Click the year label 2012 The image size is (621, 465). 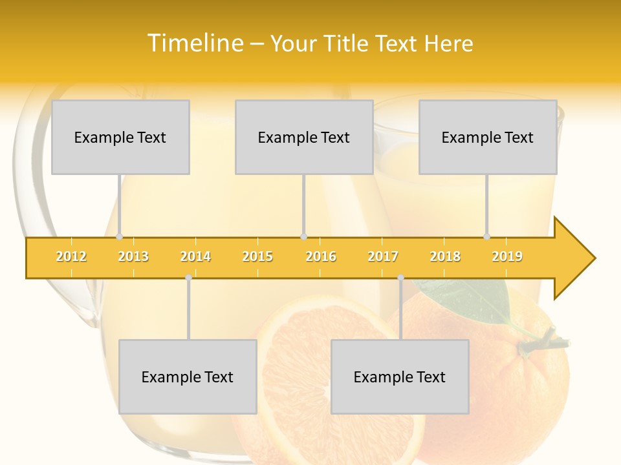[71, 256]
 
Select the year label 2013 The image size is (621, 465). [133, 256]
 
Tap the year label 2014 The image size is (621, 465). [195, 256]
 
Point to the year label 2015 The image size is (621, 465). [257, 256]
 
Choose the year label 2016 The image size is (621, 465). [321, 256]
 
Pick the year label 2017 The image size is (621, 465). [383, 256]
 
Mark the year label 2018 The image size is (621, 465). [445, 256]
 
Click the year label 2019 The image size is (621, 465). [507, 256]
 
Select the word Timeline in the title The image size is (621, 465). [194, 43]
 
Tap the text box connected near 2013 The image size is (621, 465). [120, 137]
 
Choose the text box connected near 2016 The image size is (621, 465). [304, 137]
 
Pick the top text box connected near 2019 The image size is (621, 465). [488, 137]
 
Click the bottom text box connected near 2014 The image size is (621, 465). [188, 377]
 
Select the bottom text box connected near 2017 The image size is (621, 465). [400, 377]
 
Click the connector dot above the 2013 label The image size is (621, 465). [119, 236]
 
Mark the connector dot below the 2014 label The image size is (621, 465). [188, 277]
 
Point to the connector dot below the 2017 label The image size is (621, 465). [400, 278]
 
